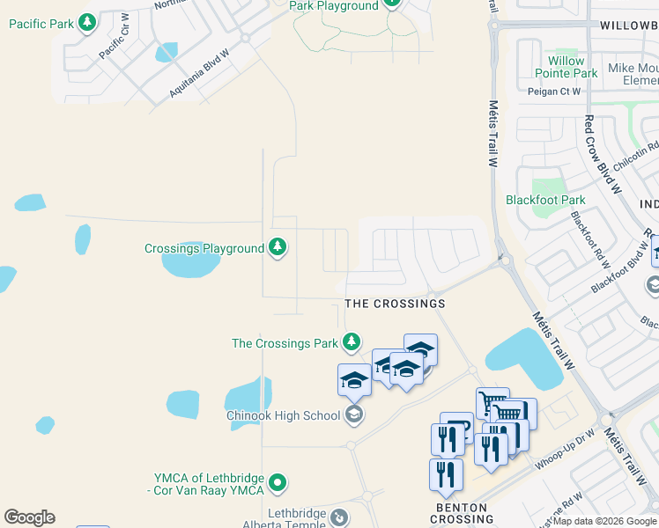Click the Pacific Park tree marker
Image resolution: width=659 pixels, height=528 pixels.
coord(87,23)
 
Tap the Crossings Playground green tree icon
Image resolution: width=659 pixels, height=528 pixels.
coord(278,248)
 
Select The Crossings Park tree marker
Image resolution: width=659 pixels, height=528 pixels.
coord(352,341)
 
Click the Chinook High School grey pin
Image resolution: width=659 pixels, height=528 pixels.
coord(353,414)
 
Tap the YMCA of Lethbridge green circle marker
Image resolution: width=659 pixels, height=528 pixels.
coord(278,482)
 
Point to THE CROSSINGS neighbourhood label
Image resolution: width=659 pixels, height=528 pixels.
coord(395,304)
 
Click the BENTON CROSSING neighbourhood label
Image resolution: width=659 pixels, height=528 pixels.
coord(462,513)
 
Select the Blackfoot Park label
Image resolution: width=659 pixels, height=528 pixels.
coord(545,200)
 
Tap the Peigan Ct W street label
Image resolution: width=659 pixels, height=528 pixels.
coord(554,92)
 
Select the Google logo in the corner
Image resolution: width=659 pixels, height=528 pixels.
coord(29,517)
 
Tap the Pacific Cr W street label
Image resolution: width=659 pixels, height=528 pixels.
coord(115,35)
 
